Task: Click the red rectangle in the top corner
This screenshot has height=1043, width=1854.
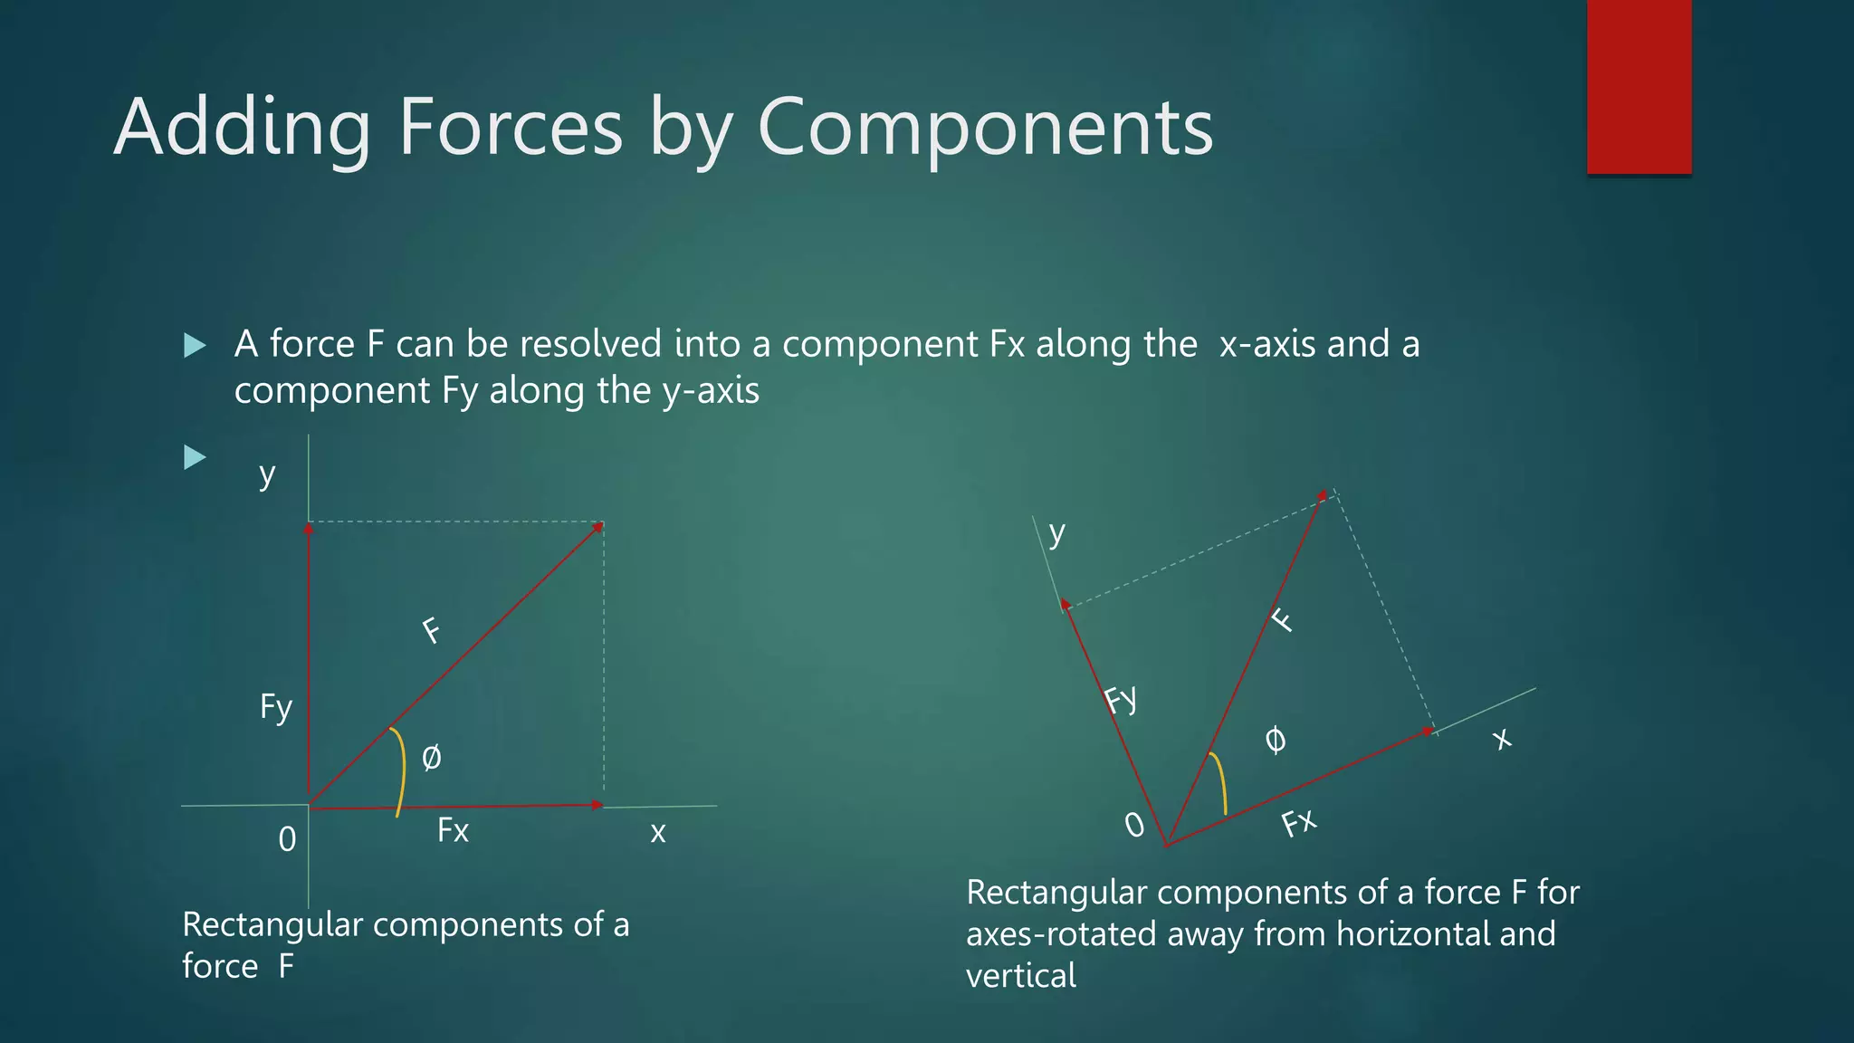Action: tap(1639, 87)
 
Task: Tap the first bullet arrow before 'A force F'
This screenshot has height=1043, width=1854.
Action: tap(195, 345)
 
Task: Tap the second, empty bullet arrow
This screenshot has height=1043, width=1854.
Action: tap(195, 457)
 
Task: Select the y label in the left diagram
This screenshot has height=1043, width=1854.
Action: tap(266, 474)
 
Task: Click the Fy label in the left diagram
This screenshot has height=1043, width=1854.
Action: tap(276, 707)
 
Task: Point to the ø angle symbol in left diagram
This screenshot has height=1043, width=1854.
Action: tap(432, 757)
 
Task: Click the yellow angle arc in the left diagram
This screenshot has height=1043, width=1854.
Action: tap(400, 770)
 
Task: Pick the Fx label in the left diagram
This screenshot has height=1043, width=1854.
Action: tap(453, 830)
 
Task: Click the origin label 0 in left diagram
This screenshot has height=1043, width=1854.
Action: tap(287, 839)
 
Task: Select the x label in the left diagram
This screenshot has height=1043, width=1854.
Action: tap(658, 832)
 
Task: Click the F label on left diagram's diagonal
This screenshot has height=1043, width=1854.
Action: tap(432, 629)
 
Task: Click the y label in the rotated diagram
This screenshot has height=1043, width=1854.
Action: tap(1056, 532)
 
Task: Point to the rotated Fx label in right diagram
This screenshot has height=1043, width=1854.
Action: tap(1298, 823)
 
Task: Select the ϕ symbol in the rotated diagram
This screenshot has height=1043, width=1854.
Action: tap(1275, 740)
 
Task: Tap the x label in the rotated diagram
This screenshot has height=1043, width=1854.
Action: tap(1502, 740)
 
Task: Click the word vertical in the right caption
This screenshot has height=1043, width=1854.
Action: tap(1021, 976)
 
